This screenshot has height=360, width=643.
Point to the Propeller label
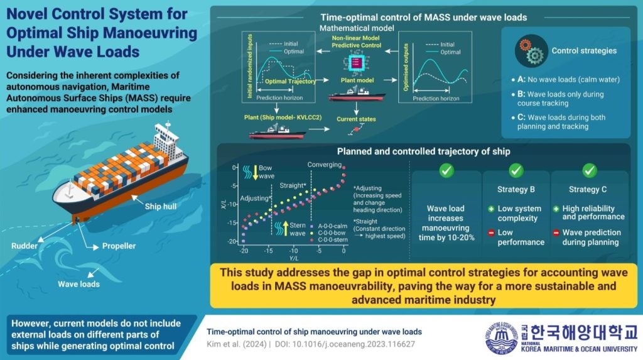click(x=119, y=246)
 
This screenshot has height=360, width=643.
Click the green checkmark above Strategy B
click(x=516, y=170)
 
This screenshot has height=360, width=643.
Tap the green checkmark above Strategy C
click(x=589, y=170)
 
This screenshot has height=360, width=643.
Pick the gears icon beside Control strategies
click(x=529, y=52)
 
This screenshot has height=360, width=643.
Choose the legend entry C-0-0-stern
click(x=316, y=239)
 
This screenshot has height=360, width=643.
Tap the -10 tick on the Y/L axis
click(x=294, y=250)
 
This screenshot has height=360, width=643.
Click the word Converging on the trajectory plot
click(x=324, y=165)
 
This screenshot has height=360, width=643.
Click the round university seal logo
click(x=504, y=340)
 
